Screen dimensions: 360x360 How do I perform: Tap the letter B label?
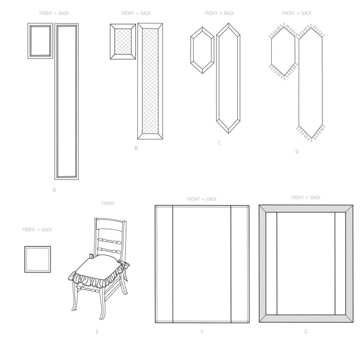point(135,148)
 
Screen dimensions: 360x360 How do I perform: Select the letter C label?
point(219,143)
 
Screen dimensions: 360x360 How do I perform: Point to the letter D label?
point(297,151)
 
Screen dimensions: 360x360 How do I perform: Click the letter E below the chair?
point(97,332)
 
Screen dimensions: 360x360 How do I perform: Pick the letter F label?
point(202,332)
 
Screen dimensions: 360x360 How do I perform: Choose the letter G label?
point(305,332)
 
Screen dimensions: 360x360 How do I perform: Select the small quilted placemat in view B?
point(123,42)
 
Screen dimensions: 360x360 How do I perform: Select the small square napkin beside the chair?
point(38,259)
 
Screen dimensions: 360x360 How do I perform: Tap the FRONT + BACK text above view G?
point(305,197)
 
